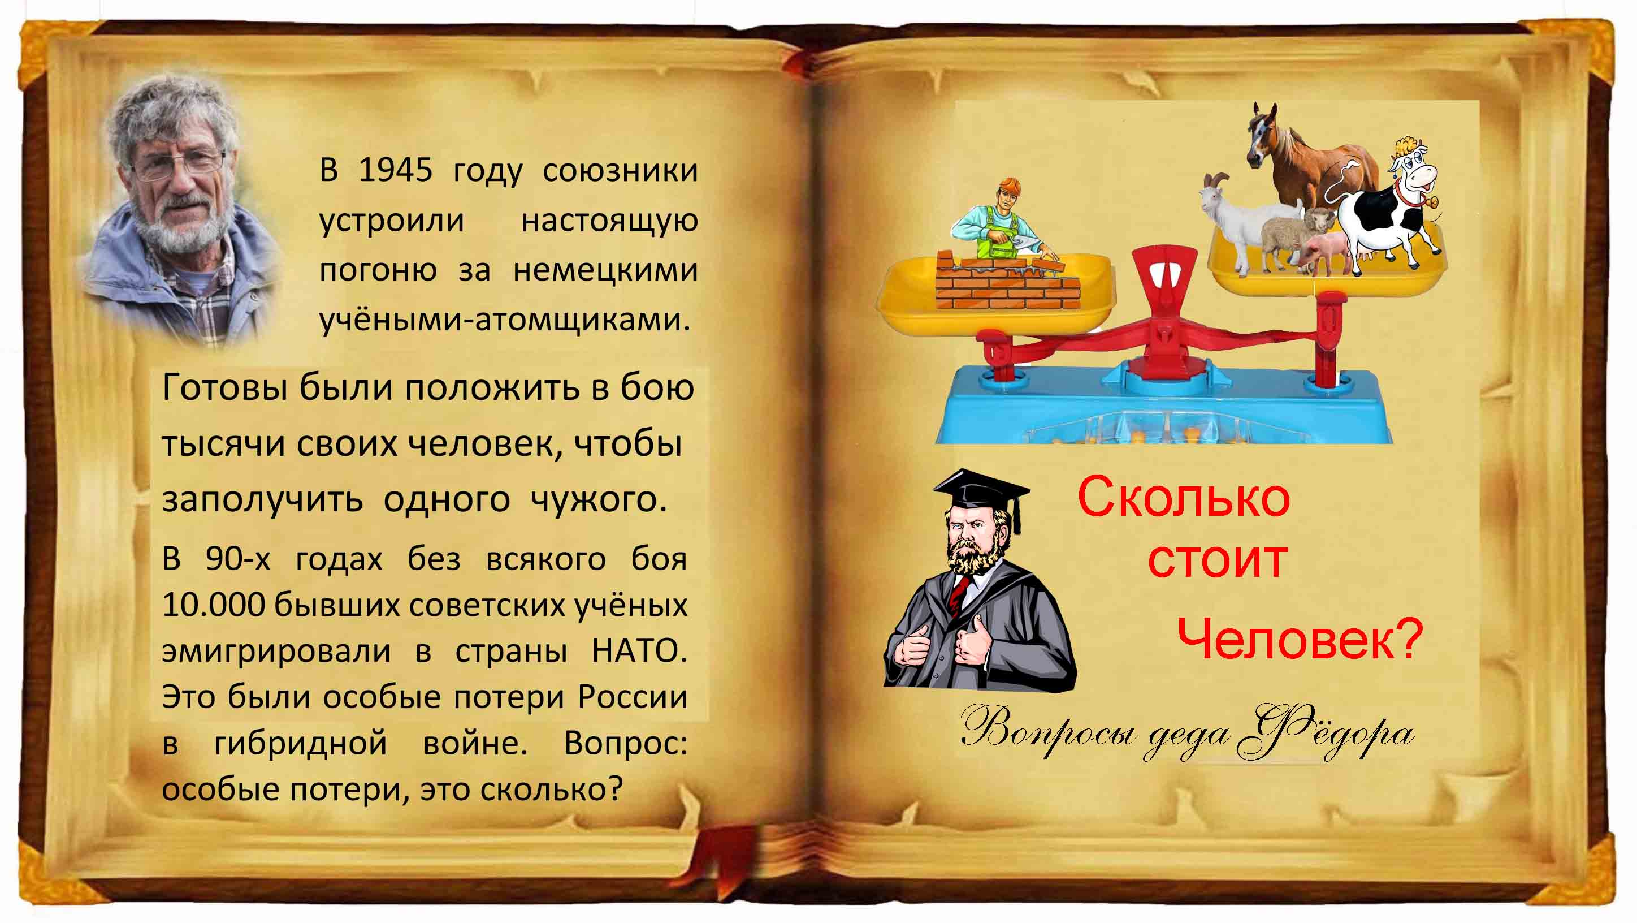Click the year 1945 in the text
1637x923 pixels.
click(395, 170)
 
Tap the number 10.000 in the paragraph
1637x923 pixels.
click(214, 604)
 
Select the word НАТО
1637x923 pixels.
click(639, 650)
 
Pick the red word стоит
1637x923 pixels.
click(1218, 560)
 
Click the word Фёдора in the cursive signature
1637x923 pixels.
click(1327, 733)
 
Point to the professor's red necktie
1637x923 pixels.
click(958, 594)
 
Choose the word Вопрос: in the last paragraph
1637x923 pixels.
click(625, 743)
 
